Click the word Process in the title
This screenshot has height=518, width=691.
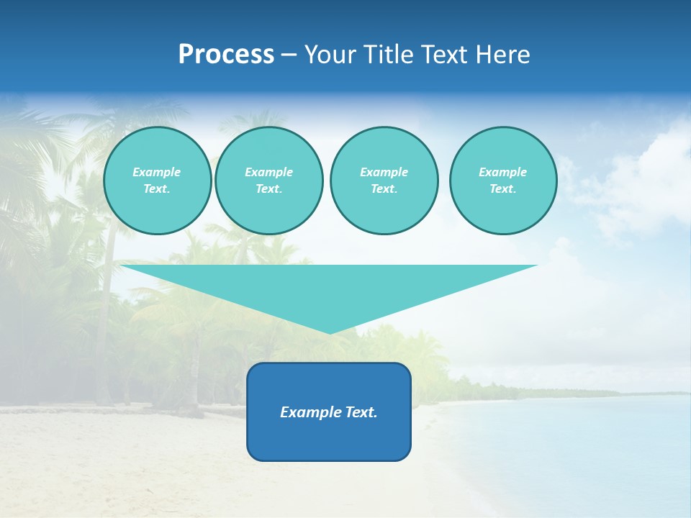[x=226, y=55]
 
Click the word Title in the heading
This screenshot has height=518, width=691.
[x=389, y=55]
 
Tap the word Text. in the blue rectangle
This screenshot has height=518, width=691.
[x=361, y=412]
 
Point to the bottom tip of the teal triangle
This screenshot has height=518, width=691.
[x=330, y=332]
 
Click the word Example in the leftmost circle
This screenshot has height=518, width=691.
[x=157, y=172]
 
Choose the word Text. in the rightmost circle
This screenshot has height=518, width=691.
[x=503, y=188]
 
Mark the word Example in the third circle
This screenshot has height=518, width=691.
[x=384, y=172]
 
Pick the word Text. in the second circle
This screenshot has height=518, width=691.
[x=269, y=188]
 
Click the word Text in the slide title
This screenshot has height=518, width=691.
[x=446, y=55]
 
